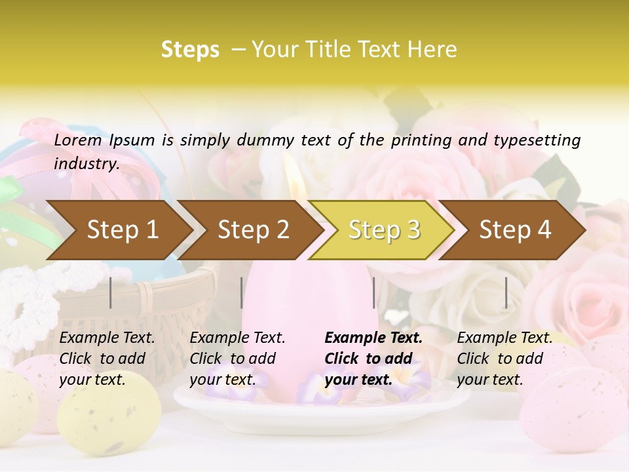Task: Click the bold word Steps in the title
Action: click(x=190, y=49)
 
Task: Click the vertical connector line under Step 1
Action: click(x=111, y=292)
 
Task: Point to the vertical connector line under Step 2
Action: click(x=242, y=292)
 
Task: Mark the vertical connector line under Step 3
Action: click(x=374, y=292)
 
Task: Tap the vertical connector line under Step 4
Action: click(x=506, y=292)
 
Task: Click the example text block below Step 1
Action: click(x=107, y=359)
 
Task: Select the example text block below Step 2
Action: click(x=237, y=359)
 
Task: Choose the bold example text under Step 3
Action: click(x=373, y=359)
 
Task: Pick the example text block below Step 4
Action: click(x=505, y=359)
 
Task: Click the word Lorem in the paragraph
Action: click(x=77, y=140)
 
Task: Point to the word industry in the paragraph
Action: click(x=86, y=163)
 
